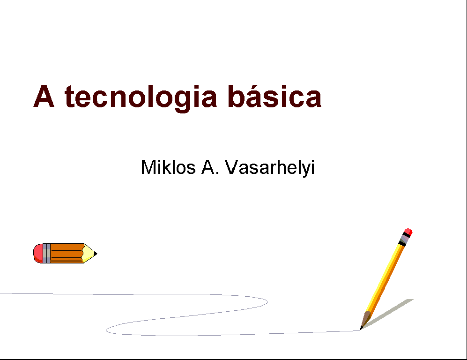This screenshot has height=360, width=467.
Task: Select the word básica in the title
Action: [274, 96]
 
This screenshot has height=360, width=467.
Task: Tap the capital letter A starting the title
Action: [44, 96]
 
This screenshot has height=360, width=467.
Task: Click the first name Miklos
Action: [168, 167]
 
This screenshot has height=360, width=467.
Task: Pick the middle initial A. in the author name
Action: [210, 167]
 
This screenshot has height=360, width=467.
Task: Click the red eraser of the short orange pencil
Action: [38, 253]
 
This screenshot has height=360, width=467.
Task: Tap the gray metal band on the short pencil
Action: [46, 253]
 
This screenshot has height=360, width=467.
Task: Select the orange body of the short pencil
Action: [67, 253]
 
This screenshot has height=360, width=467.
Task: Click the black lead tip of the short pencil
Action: [95, 254]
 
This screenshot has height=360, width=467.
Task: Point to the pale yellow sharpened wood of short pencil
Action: [88, 253]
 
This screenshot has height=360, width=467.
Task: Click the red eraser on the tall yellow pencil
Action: [408, 232]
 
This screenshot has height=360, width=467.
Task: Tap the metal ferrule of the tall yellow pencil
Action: [405, 239]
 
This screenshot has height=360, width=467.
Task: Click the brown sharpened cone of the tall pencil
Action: [366, 320]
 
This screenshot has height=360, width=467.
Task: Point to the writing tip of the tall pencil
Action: [360, 330]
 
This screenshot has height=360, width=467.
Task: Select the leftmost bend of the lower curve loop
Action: [106, 330]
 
